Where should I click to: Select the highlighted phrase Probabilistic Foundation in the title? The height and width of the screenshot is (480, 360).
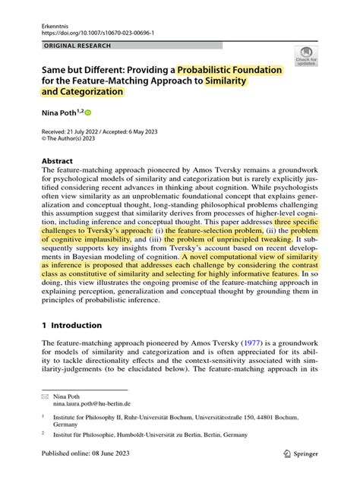pos(229,69)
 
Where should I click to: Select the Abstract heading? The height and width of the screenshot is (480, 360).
pos(57,161)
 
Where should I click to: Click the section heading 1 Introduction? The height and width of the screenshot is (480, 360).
pos(71,325)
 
